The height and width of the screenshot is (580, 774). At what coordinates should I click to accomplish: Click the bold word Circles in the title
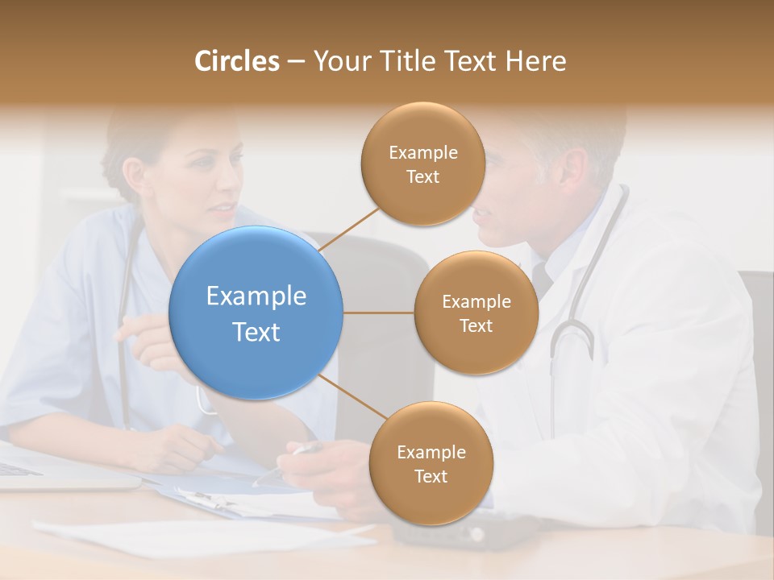(236, 61)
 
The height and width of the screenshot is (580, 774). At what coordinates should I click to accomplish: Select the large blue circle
(256, 313)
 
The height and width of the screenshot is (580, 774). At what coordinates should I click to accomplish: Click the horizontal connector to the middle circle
(379, 313)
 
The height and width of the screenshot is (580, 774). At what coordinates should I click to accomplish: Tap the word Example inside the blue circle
(256, 296)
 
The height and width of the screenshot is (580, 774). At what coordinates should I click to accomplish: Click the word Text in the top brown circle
(422, 176)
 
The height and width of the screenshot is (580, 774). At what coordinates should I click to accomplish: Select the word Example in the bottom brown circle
(431, 452)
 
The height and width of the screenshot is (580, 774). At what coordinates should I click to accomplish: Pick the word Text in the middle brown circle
(476, 325)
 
